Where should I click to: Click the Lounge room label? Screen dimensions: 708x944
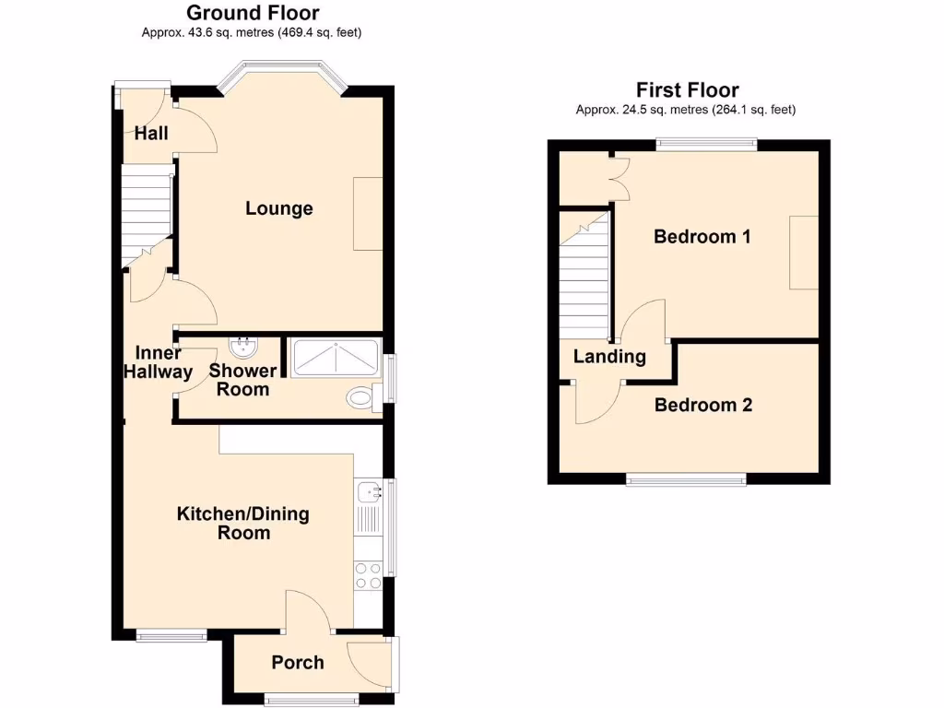click(278, 208)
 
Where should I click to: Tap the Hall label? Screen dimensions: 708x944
click(151, 134)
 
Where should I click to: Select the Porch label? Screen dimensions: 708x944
click(298, 662)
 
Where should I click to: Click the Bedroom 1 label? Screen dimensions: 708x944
click(702, 236)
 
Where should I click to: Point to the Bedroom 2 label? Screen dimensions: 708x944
click(702, 405)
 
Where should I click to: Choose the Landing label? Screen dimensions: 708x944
click(609, 357)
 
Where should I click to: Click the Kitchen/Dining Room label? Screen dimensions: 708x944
click(243, 523)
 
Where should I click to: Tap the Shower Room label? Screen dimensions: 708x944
click(242, 380)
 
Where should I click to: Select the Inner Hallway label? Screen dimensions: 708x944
click(158, 362)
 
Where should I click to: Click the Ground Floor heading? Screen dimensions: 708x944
click(252, 13)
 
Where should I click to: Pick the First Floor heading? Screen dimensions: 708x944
click(687, 89)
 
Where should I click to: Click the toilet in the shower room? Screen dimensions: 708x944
click(360, 398)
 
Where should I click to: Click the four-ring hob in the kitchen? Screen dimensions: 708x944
click(368, 575)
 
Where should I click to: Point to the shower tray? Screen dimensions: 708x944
click(334, 357)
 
